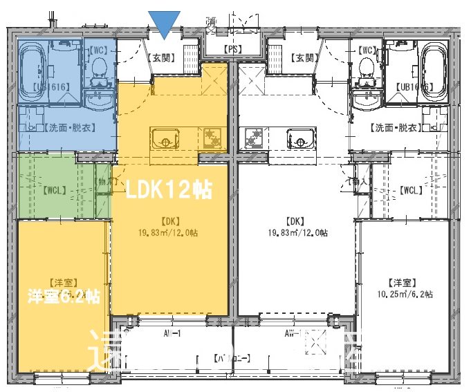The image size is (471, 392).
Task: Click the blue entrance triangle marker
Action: point(165,24)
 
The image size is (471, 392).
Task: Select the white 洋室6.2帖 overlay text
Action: point(64,297)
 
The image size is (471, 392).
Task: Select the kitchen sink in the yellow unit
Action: point(165,138)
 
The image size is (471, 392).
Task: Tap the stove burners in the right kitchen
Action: point(254,138)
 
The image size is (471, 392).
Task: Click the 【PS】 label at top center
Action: point(234,50)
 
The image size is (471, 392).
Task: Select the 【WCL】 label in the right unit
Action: point(411,189)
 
